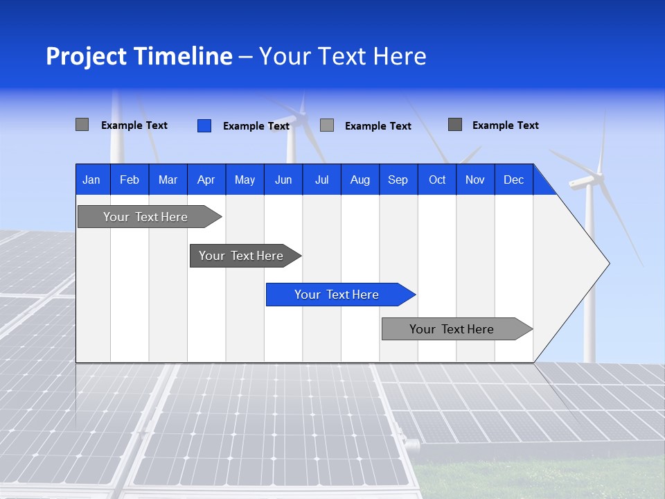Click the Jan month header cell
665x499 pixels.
pyautogui.click(x=92, y=180)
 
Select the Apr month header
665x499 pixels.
pyautogui.click(x=206, y=180)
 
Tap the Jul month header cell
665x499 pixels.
pyautogui.click(x=321, y=180)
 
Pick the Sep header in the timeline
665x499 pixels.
pyautogui.click(x=398, y=180)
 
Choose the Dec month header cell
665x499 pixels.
pyautogui.click(x=513, y=180)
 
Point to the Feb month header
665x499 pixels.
pyautogui.click(x=130, y=180)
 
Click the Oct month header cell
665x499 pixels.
pyautogui.click(x=437, y=180)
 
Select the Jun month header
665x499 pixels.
pyautogui.click(x=283, y=180)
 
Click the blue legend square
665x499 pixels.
pyautogui.click(x=204, y=125)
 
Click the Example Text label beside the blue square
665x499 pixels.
pyautogui.click(x=256, y=126)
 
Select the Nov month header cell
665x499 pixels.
pyautogui.click(x=475, y=180)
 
